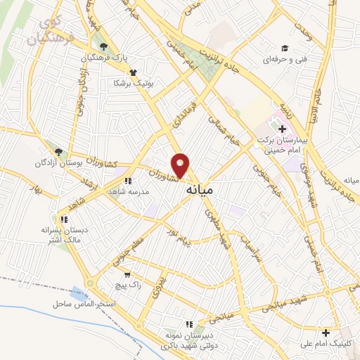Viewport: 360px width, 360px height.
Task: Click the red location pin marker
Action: pos(181,166)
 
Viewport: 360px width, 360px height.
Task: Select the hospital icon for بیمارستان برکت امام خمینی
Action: pos(282,129)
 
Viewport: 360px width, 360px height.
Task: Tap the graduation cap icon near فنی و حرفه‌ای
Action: pos(285,48)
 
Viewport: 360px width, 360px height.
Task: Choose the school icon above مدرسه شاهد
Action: pos(127,180)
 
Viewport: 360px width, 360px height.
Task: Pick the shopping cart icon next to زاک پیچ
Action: pos(127,275)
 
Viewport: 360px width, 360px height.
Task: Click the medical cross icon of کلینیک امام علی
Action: pos(325,333)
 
